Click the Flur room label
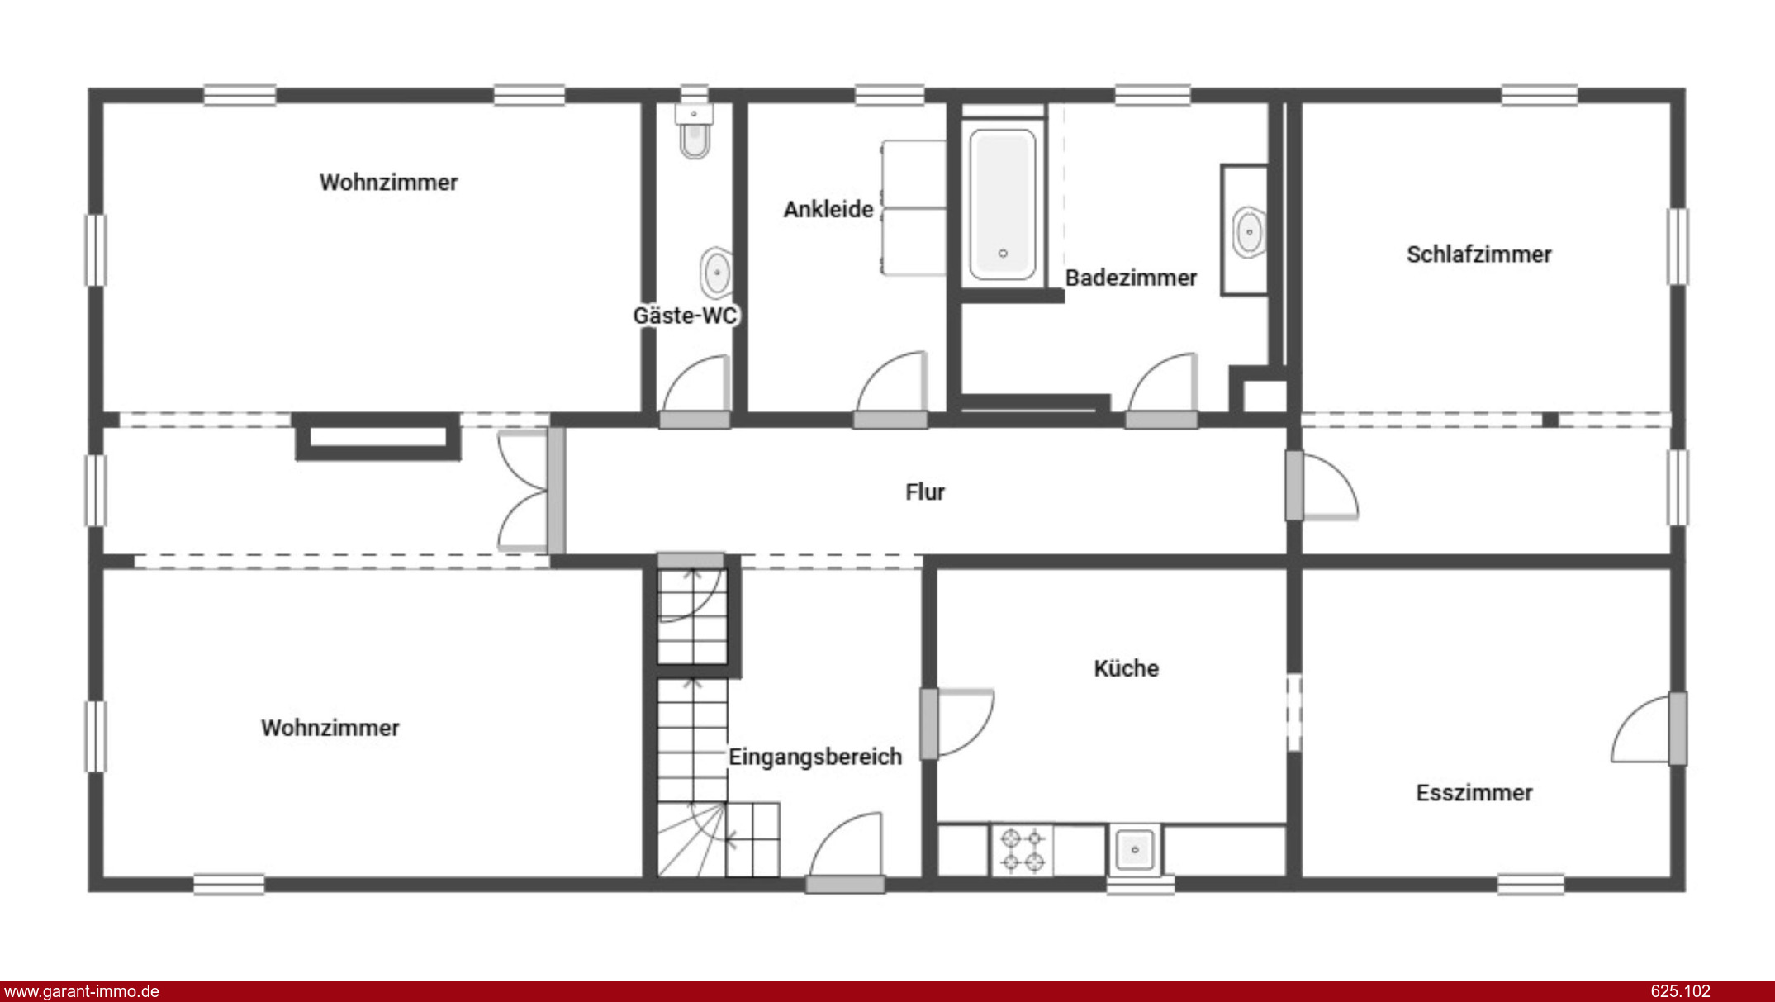924,492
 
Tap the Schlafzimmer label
1478,254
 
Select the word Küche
1126,668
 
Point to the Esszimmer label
1474,793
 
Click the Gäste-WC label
685,316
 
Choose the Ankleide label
828,210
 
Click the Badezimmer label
1131,278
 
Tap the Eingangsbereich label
814,757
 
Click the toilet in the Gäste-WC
694,131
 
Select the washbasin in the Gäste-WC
716,273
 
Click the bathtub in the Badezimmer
1003,204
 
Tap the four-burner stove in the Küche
1023,851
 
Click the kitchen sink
1135,850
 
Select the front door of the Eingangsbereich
845,851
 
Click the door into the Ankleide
890,389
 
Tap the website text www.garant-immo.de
82,991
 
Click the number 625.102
1680,991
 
